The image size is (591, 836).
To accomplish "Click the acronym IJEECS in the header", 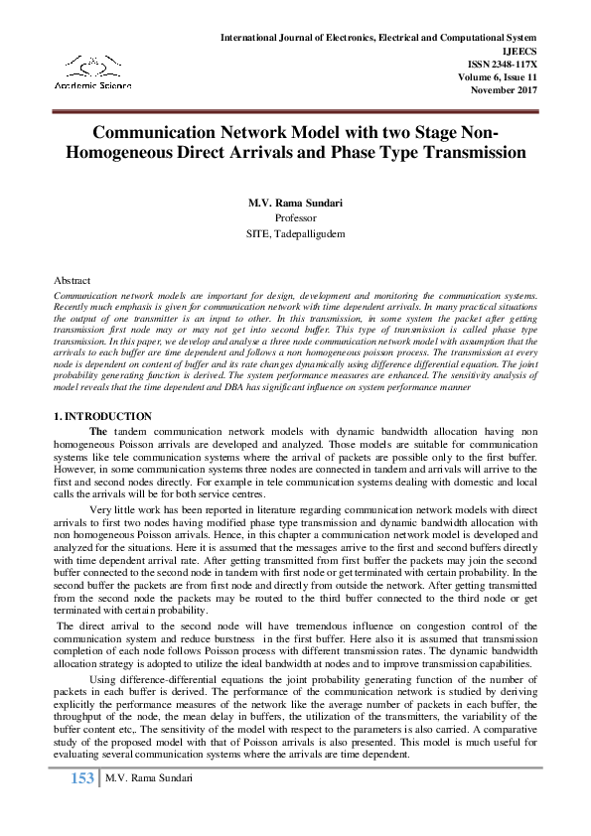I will coord(518,50).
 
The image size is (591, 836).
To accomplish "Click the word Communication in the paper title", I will coord(151,133).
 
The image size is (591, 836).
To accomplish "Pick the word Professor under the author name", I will coord(295,217).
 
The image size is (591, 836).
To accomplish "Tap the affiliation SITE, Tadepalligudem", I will coord(295,233).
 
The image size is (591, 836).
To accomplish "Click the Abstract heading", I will coord(72,281).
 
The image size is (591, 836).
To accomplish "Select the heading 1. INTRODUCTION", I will coord(102,416).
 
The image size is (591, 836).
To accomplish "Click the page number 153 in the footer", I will coord(81,778).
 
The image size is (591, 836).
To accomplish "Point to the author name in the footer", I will coord(147,778).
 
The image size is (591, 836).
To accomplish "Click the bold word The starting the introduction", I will coord(98,430).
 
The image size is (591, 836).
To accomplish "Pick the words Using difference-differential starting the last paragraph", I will coord(150,679).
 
